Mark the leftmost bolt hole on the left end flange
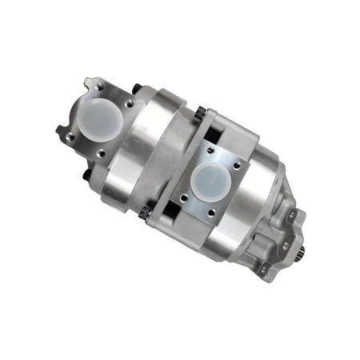click(70, 136)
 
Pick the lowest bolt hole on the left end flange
click(100, 152)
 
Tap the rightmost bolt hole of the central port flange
click(236, 166)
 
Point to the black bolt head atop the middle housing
click(199, 113)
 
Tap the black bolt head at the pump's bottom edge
click(145, 212)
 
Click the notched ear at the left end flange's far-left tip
click(60, 130)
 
